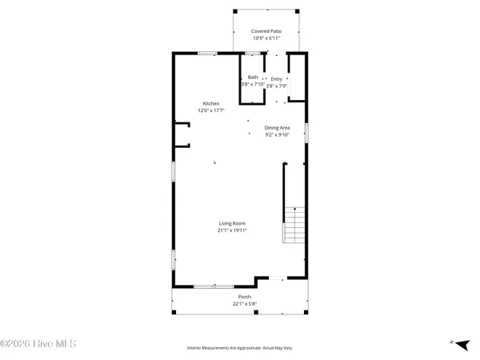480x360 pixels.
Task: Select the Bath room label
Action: (x=253, y=77)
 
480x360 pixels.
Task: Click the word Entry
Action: (x=277, y=78)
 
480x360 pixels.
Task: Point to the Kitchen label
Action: (x=210, y=103)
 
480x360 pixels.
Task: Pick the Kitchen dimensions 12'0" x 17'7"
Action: (x=210, y=111)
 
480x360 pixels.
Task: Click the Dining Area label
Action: (x=278, y=127)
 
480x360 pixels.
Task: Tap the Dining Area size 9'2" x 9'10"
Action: (x=278, y=135)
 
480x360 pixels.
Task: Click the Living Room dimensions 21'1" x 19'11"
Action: (x=232, y=230)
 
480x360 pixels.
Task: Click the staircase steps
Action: (x=294, y=226)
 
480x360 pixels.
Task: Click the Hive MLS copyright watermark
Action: (x=38, y=344)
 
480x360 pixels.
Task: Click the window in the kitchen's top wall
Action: (x=207, y=54)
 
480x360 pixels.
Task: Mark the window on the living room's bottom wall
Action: (x=214, y=286)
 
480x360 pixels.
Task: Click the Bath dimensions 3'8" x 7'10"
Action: (x=253, y=84)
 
